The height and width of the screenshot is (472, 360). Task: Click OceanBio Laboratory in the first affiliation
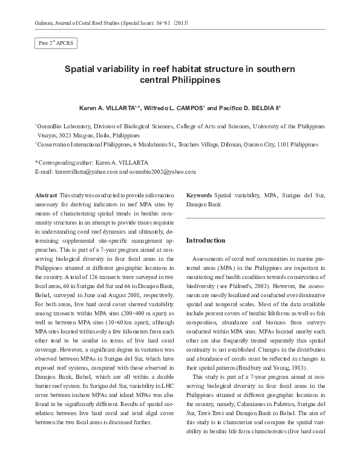pyautogui.click(x=61, y=126)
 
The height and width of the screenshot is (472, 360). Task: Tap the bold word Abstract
pyautogui.click(x=46, y=197)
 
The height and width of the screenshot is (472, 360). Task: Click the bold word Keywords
pyautogui.click(x=199, y=197)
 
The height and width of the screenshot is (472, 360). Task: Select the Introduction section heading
pyautogui.click(x=206, y=240)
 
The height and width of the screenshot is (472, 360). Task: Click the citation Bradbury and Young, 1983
pyautogui.click(x=281, y=368)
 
